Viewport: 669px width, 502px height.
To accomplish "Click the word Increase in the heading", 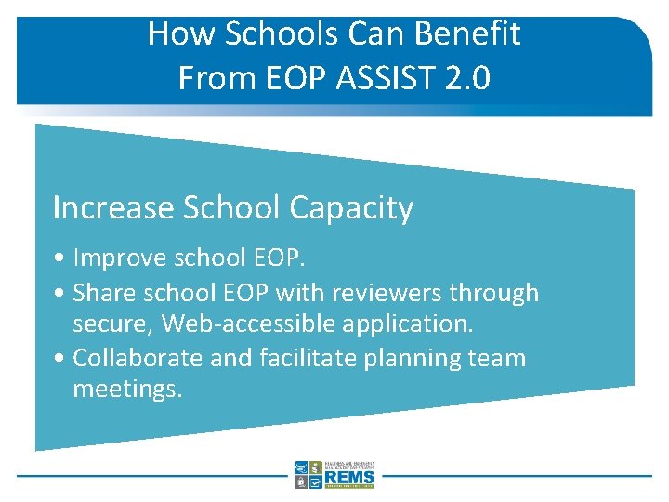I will (112, 207).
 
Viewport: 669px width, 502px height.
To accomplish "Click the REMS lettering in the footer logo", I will (349, 478).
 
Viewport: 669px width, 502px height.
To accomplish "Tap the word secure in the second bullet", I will (113, 324).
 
